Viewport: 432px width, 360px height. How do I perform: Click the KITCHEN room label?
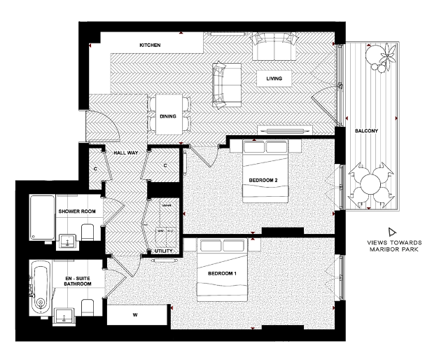(x=150, y=46)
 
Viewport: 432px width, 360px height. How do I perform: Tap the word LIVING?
(x=274, y=78)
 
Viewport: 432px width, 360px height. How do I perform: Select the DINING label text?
(x=168, y=116)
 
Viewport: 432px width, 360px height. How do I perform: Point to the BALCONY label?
(x=365, y=131)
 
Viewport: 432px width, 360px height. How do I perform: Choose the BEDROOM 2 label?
(x=263, y=180)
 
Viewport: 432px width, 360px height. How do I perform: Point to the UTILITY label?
(x=162, y=251)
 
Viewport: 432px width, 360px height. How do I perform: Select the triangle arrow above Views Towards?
(x=393, y=232)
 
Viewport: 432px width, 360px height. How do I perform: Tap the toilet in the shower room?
(x=87, y=232)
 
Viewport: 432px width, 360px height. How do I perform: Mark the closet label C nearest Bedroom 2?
(x=165, y=165)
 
